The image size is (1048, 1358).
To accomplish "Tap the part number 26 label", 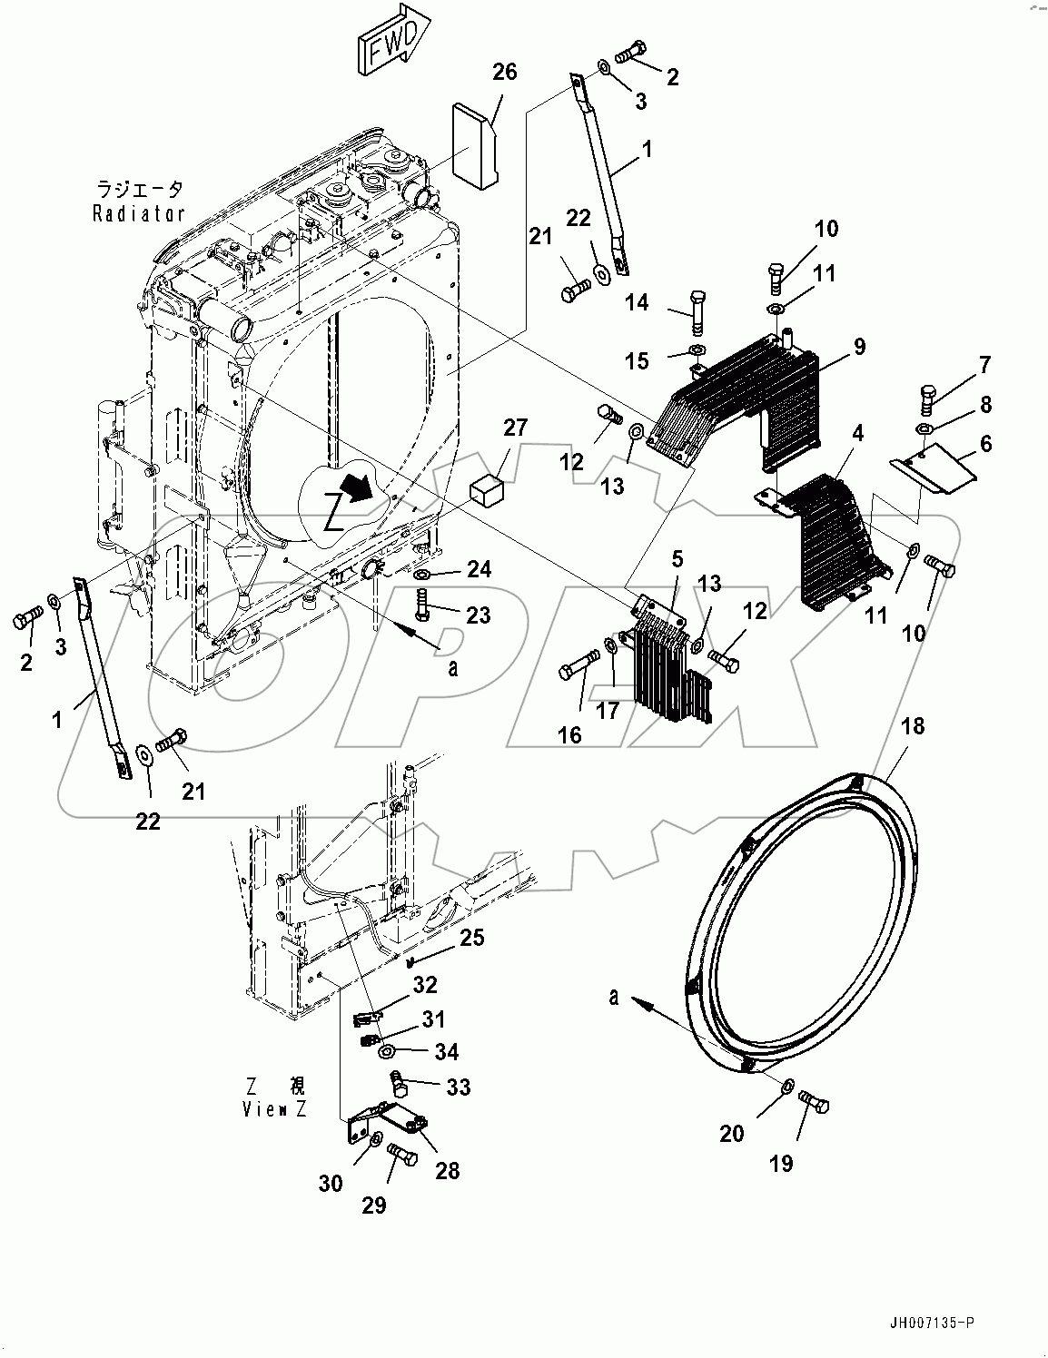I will click(x=504, y=72).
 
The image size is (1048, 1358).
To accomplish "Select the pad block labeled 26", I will click(x=476, y=145).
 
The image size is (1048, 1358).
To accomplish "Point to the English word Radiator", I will click(x=139, y=214).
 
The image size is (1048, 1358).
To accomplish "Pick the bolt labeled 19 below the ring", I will click(x=814, y=1105).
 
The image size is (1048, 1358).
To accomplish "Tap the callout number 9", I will click(x=858, y=346).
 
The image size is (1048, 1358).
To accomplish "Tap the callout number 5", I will click(x=678, y=557).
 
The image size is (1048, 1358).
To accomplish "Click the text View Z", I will click(x=274, y=1108).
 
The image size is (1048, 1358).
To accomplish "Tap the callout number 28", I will click(x=447, y=1170).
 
